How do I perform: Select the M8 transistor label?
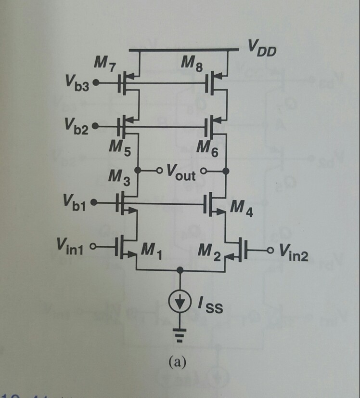[192, 64]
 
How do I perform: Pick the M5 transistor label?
[119, 148]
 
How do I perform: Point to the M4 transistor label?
[243, 209]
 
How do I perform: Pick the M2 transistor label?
[210, 252]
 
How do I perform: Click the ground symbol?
[180, 335]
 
